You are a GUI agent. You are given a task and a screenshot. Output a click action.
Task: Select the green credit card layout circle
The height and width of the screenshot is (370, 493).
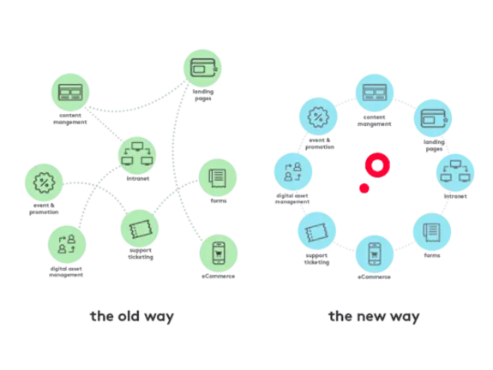pyautogui.click(x=69, y=92)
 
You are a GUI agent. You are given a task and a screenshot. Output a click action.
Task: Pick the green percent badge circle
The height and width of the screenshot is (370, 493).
pyautogui.click(x=42, y=182)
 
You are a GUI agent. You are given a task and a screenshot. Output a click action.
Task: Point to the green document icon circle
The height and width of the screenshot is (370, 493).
pyautogui.click(x=218, y=179)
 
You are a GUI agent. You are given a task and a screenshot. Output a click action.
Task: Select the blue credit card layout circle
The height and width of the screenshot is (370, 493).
pyautogui.click(x=375, y=94)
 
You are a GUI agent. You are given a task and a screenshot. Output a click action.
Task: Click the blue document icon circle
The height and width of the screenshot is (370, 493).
pyautogui.click(x=431, y=230)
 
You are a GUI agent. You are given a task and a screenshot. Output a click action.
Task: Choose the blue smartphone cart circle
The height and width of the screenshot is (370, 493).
pyautogui.click(x=375, y=254)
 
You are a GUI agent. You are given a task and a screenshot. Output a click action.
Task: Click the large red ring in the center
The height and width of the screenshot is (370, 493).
pyautogui.click(x=376, y=164)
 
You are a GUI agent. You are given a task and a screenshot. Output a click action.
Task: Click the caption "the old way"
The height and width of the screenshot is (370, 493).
pyautogui.click(x=133, y=316)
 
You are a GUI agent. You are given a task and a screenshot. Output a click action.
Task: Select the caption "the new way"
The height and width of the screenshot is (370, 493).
pyautogui.click(x=375, y=316)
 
